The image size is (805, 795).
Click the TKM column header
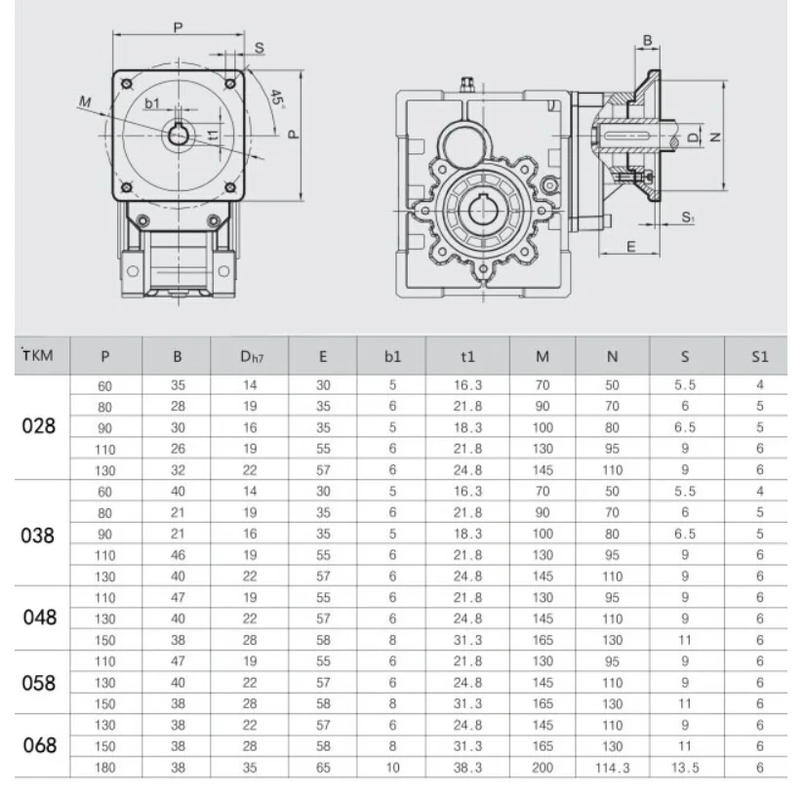[x=37, y=355]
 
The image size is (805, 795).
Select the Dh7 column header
[x=252, y=356]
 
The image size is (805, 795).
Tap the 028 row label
[x=38, y=426]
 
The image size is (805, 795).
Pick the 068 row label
[x=40, y=745]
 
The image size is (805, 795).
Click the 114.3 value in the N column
[x=613, y=768]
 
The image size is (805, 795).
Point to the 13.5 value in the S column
[x=685, y=768]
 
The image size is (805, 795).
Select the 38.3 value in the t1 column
[x=467, y=768]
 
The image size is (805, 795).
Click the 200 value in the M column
[x=543, y=768]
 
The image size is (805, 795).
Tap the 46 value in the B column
[x=178, y=555]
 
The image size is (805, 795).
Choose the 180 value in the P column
[x=104, y=768]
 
